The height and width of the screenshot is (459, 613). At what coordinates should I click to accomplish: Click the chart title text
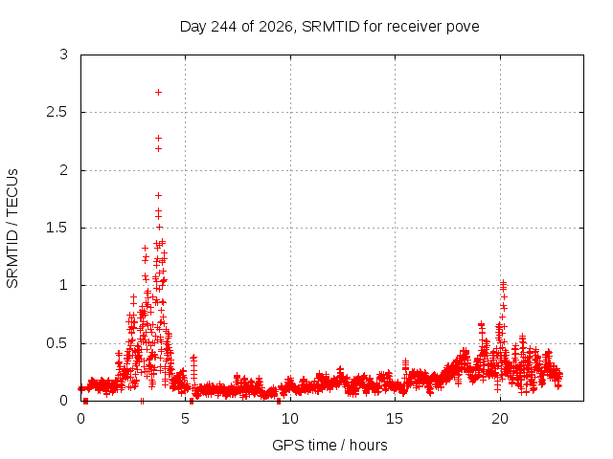click(329, 27)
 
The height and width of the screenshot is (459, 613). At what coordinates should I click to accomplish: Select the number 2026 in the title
click(276, 27)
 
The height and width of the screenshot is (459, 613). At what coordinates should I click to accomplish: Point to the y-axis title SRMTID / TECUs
click(12, 229)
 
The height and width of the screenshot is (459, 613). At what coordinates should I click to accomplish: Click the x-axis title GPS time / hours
click(329, 445)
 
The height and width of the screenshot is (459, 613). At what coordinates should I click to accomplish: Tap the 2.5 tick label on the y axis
click(57, 113)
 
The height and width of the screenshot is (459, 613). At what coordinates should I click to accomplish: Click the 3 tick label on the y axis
click(64, 55)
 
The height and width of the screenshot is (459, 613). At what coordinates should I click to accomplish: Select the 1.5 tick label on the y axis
click(57, 228)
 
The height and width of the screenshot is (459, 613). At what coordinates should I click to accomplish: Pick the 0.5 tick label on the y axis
click(57, 343)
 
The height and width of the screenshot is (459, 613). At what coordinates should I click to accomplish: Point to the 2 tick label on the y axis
click(64, 170)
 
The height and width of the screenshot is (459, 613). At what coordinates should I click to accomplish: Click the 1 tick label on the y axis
click(64, 285)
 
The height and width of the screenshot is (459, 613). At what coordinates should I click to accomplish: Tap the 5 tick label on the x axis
click(185, 419)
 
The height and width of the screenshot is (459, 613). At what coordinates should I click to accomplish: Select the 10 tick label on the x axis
click(289, 419)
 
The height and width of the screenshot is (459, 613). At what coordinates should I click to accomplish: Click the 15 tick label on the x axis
click(395, 419)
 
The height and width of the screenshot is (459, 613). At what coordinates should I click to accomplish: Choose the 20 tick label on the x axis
click(500, 419)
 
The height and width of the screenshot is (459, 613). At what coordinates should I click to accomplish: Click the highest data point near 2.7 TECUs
click(158, 93)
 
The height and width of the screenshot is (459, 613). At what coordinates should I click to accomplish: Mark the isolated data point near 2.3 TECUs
click(158, 138)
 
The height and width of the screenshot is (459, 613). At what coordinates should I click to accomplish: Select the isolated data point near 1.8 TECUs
click(158, 195)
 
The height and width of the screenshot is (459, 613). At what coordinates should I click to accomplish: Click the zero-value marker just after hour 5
click(192, 401)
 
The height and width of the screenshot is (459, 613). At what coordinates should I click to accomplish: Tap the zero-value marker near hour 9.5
click(279, 401)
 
